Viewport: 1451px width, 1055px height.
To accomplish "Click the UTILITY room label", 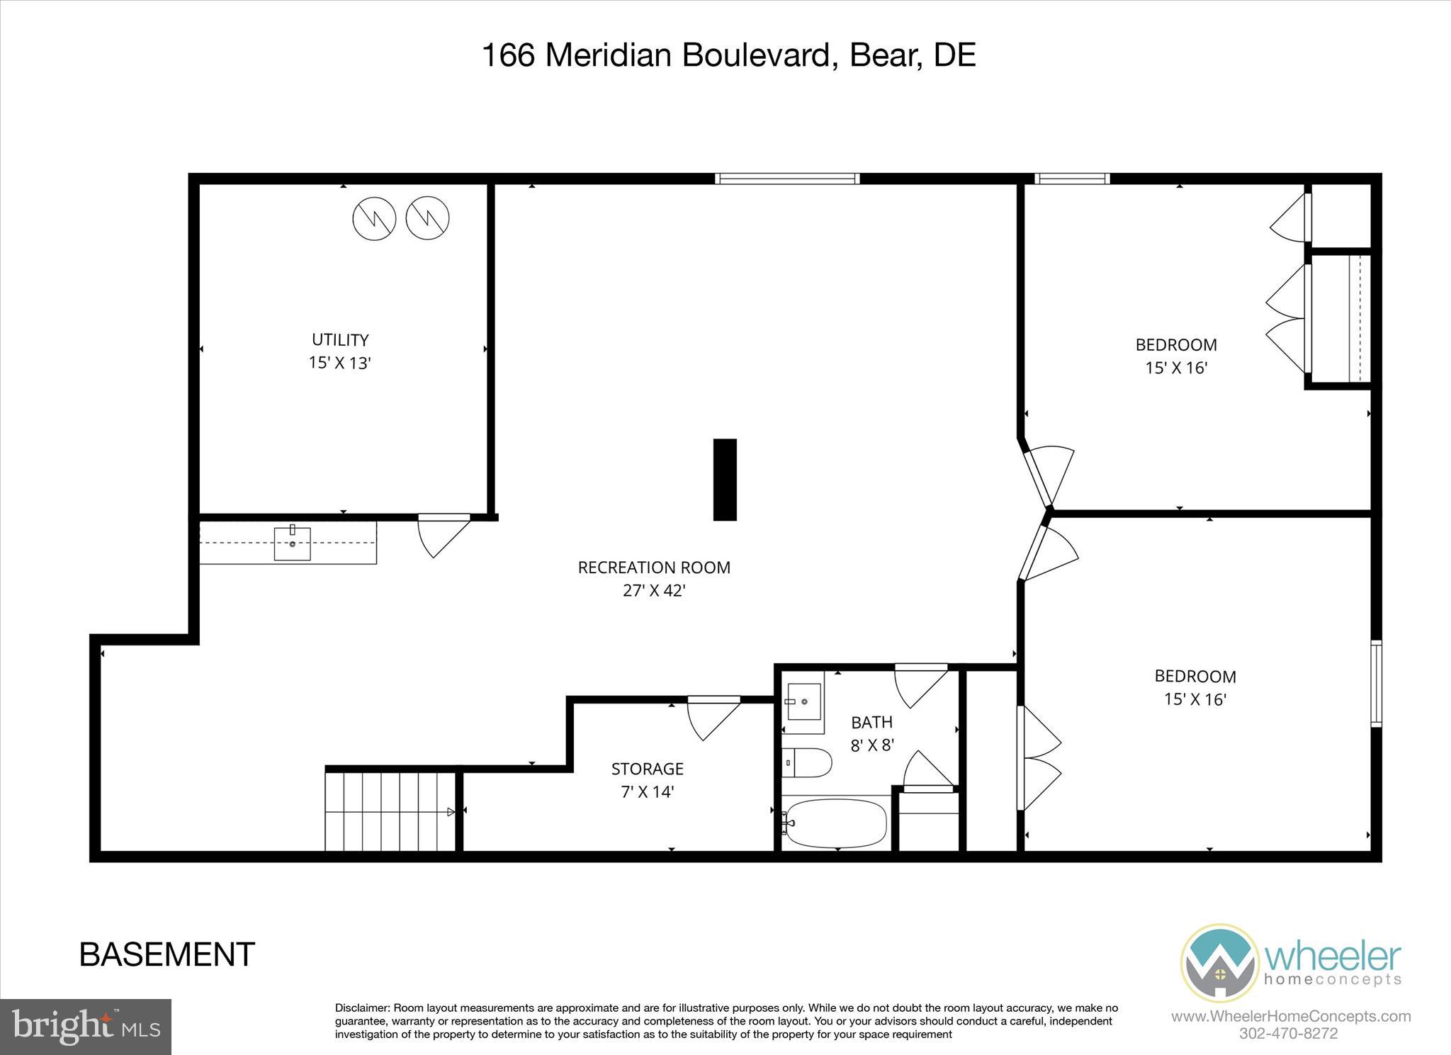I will pos(340,340).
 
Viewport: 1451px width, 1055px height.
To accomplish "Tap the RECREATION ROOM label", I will pos(654,568).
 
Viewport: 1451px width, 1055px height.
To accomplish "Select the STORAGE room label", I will pos(647,769).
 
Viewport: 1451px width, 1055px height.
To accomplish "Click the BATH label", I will pos(871,723).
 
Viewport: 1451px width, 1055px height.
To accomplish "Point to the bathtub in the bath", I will pos(835,823).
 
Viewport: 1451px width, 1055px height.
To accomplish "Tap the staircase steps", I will pos(390,811).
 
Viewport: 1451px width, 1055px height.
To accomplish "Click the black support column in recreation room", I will pos(725,480).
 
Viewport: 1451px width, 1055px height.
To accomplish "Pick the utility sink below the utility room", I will pos(292,543).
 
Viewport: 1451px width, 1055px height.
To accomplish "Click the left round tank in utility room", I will pos(374,218).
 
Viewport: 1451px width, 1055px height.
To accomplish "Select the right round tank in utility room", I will pos(427,218).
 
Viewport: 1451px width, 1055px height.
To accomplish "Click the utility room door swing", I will pos(441,536).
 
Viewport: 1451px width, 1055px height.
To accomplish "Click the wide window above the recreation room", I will pos(787,179).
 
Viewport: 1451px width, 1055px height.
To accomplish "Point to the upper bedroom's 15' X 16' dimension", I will pos(1176,368).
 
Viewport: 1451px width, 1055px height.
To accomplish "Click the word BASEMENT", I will pos(167,954).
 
